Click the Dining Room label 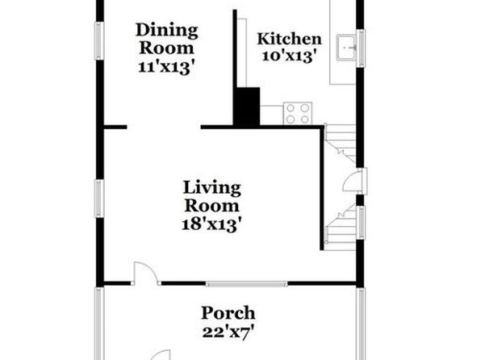pyautogui.click(x=166, y=39)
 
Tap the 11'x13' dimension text pyautogui.click(x=166, y=67)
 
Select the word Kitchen pyautogui.click(x=289, y=39)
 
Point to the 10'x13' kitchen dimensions pyautogui.click(x=289, y=57)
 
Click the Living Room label pyautogui.click(x=212, y=196)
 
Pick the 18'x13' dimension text pyautogui.click(x=211, y=224)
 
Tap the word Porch pyautogui.click(x=228, y=313)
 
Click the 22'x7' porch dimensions pyautogui.click(x=228, y=332)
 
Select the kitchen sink pyautogui.click(x=346, y=48)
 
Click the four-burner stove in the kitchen pyautogui.click(x=298, y=113)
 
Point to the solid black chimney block pyautogui.click(x=246, y=107)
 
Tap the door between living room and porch pyautogui.click(x=146, y=274)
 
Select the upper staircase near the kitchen pyautogui.click(x=341, y=143)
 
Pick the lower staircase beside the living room pyautogui.click(x=341, y=228)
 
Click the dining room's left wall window pyautogui.click(x=98, y=41)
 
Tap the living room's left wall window pyautogui.click(x=98, y=199)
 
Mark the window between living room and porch pyautogui.click(x=246, y=284)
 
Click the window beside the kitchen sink pyautogui.click(x=361, y=48)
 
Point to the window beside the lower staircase pyautogui.click(x=361, y=223)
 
